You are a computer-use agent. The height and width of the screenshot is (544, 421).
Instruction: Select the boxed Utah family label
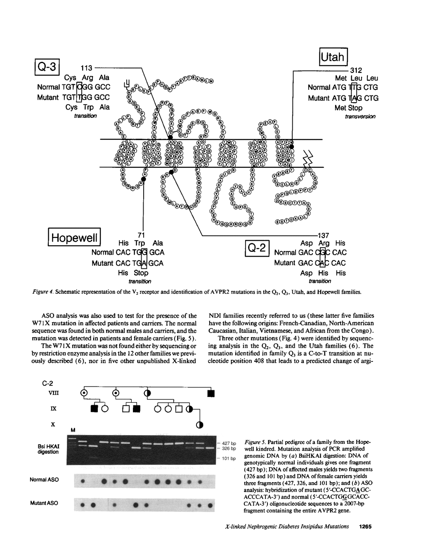coord(333,58)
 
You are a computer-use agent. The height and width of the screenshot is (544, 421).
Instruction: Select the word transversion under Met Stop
coord(360,117)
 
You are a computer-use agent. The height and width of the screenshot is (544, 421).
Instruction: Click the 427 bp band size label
coord(228,443)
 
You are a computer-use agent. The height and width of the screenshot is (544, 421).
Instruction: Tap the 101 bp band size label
coord(228,458)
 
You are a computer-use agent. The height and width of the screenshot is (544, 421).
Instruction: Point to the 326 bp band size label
coord(228,448)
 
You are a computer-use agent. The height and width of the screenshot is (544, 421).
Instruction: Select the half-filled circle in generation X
coord(199,425)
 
